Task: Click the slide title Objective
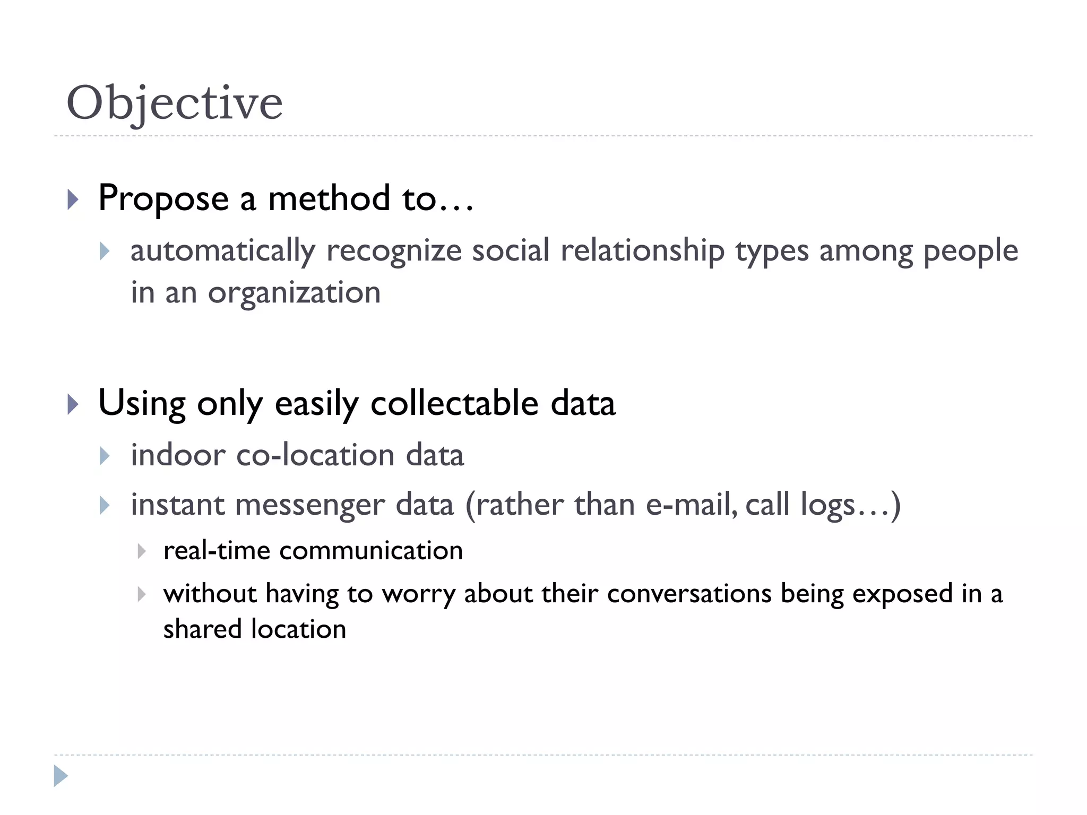click(175, 103)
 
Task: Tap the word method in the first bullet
click(329, 198)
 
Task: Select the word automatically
click(223, 250)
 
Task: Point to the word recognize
click(394, 250)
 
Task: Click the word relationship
click(642, 250)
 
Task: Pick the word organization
click(294, 293)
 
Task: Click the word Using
click(142, 404)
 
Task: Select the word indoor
click(178, 455)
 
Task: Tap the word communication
click(371, 551)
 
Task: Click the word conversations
click(689, 594)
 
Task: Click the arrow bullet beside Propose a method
click(73, 200)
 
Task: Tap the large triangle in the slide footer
click(61, 776)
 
